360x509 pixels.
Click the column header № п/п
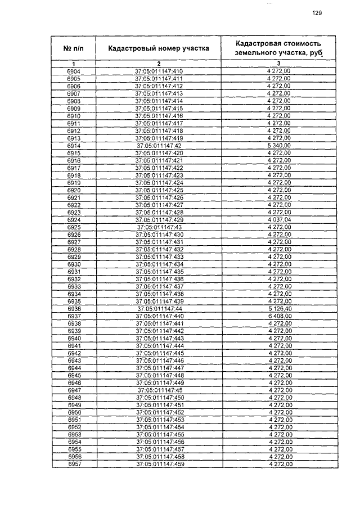tap(73, 48)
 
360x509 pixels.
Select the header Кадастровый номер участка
tap(159, 48)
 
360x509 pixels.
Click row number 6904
tap(73, 71)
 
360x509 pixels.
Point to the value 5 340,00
tap(280, 145)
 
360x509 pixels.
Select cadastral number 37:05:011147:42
tap(159, 145)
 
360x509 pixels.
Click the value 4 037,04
tap(280, 219)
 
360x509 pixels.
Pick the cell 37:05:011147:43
tap(159, 227)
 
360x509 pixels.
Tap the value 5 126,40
tap(280, 309)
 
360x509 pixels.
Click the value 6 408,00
tap(280, 316)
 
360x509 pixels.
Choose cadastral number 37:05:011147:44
tap(159, 309)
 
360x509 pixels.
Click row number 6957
tap(73, 465)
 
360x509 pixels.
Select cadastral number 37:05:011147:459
tap(159, 465)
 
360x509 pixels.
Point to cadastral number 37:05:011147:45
tap(159, 390)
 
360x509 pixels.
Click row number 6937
tap(73, 316)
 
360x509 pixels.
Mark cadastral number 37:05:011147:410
tap(159, 71)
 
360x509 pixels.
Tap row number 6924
tap(73, 219)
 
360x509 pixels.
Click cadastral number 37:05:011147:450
tap(159, 398)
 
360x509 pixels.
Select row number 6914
tap(73, 145)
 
